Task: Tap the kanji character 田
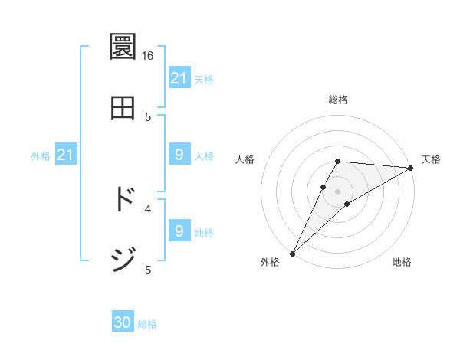[123, 108]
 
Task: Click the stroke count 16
[148, 56]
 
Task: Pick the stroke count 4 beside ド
[148, 208]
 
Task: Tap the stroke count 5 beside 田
[148, 116]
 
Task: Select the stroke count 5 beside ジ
[148, 269]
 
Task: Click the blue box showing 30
[123, 323]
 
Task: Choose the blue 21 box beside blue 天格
[179, 78]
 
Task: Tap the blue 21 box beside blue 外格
[66, 155]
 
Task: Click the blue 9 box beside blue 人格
[179, 155]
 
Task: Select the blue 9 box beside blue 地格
[179, 231]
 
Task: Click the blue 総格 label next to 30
[147, 324]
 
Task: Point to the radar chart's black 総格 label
[337, 100]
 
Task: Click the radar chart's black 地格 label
[402, 262]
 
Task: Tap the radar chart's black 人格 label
[245, 159]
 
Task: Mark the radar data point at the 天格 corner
[410, 168]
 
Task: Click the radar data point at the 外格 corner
[292, 253]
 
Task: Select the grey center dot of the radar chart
[337, 191]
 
